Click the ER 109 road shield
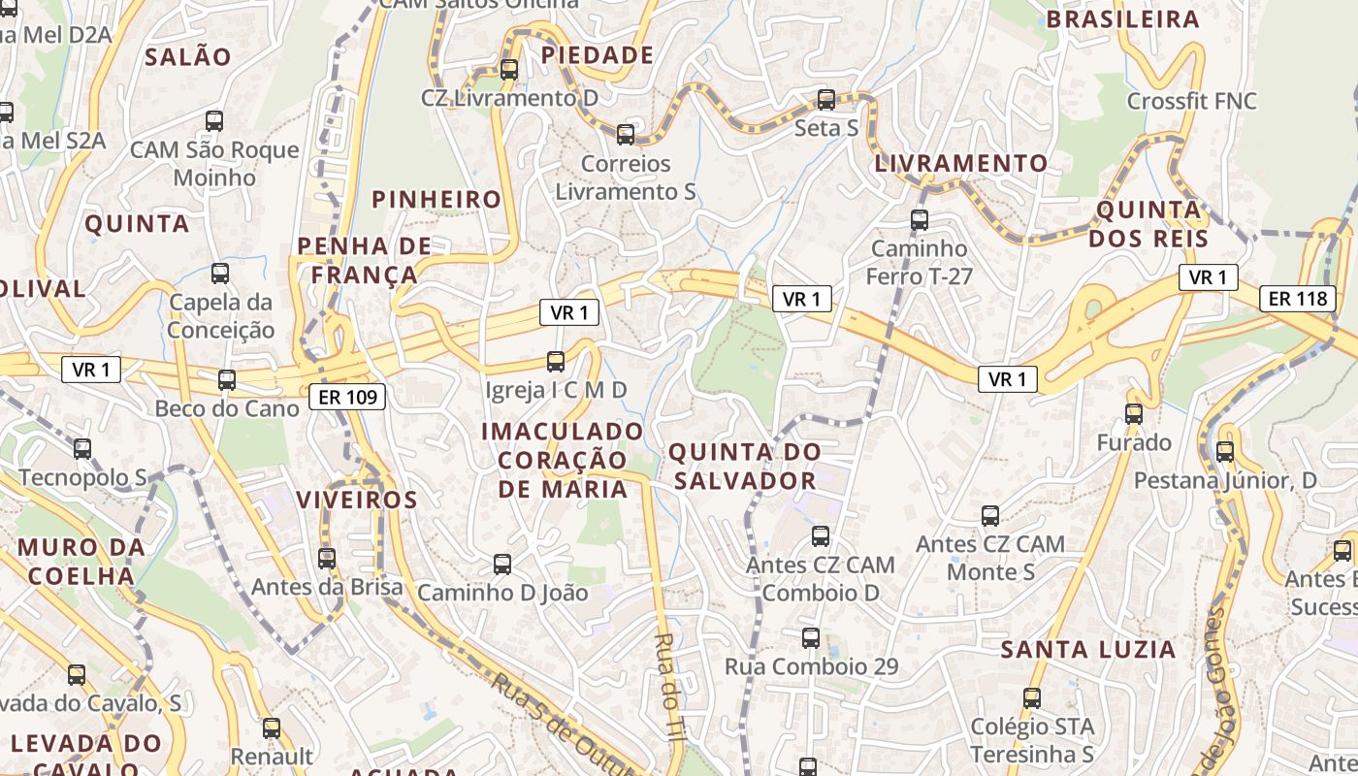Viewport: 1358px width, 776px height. [x=348, y=396]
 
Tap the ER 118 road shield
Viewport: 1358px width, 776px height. [x=1298, y=298]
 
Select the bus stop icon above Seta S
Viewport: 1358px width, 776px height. [x=826, y=99]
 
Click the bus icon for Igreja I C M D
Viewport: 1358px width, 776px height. [x=556, y=362]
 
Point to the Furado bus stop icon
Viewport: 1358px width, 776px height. [x=1134, y=414]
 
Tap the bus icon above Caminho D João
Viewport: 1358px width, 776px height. [x=502, y=564]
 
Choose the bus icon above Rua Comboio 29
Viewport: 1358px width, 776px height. [x=811, y=638]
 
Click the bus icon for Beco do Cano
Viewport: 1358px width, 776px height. [x=227, y=380]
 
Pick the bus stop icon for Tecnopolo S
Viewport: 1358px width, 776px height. [x=82, y=449]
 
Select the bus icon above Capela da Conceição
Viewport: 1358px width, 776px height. [x=220, y=274]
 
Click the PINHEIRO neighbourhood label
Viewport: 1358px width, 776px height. [x=437, y=200]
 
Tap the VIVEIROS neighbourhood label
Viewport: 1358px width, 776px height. [x=357, y=501]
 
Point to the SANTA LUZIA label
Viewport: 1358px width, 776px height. [x=1088, y=649]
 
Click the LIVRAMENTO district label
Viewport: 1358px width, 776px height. [x=961, y=163]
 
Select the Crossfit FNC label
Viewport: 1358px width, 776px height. [x=1192, y=101]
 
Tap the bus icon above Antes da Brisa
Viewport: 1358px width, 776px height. [x=327, y=559]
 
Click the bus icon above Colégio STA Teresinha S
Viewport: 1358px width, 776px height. [x=1032, y=697]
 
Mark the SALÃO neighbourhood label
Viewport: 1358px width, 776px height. [x=188, y=56]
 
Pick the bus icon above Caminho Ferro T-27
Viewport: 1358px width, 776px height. [x=920, y=220]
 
